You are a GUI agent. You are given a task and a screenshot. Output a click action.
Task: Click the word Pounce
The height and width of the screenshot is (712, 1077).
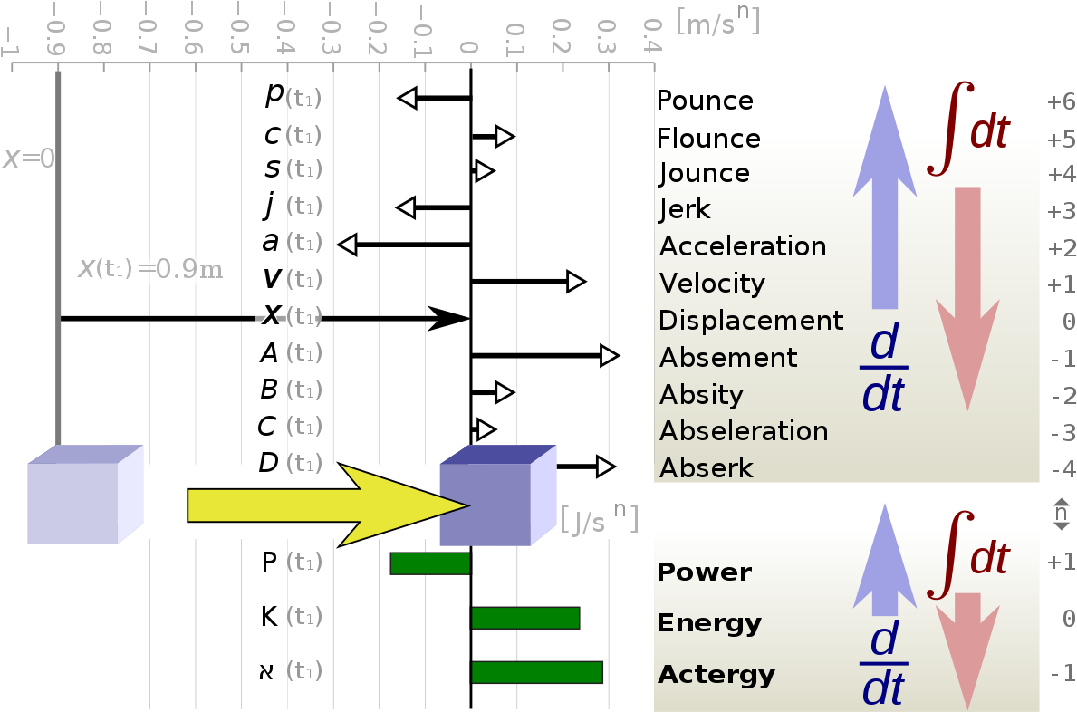pyautogui.click(x=705, y=101)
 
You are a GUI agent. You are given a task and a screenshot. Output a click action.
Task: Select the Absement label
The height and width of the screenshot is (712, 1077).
pyautogui.click(x=728, y=357)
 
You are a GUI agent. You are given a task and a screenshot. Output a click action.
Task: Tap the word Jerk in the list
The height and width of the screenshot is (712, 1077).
pyautogui.click(x=684, y=208)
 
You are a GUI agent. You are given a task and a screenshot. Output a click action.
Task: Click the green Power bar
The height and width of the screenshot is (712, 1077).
pyautogui.click(x=430, y=563)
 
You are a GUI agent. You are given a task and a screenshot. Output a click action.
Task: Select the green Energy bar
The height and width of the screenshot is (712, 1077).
pyautogui.click(x=525, y=618)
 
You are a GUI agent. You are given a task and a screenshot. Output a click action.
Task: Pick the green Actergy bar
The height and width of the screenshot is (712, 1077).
pyautogui.click(x=536, y=672)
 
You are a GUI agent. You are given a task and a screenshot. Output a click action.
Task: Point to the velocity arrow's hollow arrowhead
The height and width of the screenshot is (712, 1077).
pyautogui.click(x=575, y=282)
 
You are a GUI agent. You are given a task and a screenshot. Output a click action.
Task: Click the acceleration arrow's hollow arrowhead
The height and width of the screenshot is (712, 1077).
pyautogui.click(x=348, y=245)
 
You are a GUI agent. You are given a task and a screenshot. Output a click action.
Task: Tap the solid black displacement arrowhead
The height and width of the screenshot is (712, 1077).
pyautogui.click(x=449, y=319)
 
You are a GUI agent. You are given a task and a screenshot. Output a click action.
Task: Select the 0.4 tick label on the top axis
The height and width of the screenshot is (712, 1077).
pyautogui.click(x=652, y=35)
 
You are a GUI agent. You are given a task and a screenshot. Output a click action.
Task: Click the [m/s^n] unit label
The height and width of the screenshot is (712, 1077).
pyautogui.click(x=717, y=21)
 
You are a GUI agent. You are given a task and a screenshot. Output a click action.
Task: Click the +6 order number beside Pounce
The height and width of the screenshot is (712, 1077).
pyautogui.click(x=1062, y=101)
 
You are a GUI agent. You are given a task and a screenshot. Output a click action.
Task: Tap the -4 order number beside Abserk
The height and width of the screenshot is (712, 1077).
pyautogui.click(x=1063, y=469)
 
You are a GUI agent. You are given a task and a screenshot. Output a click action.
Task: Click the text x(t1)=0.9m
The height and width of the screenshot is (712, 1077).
pyautogui.click(x=150, y=268)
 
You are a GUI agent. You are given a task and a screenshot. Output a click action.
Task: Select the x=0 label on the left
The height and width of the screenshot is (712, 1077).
pyautogui.click(x=29, y=159)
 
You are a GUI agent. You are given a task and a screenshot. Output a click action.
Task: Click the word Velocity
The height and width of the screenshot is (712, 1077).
pyautogui.click(x=712, y=283)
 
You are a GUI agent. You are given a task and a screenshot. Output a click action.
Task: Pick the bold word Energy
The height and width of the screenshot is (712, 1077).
pyautogui.click(x=709, y=623)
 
